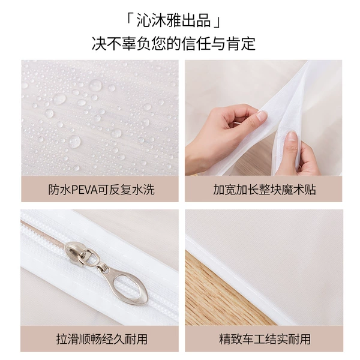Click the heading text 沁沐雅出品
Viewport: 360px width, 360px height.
[173, 20]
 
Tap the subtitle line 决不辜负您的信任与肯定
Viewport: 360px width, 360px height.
[173, 43]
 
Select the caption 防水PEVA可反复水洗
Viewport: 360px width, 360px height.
[101, 190]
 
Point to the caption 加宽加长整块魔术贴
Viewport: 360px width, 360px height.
[265, 190]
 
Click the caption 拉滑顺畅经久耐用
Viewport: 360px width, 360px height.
[102, 339]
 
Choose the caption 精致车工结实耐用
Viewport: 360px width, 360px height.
[265, 339]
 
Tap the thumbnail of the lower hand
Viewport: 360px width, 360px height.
[291, 137]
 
